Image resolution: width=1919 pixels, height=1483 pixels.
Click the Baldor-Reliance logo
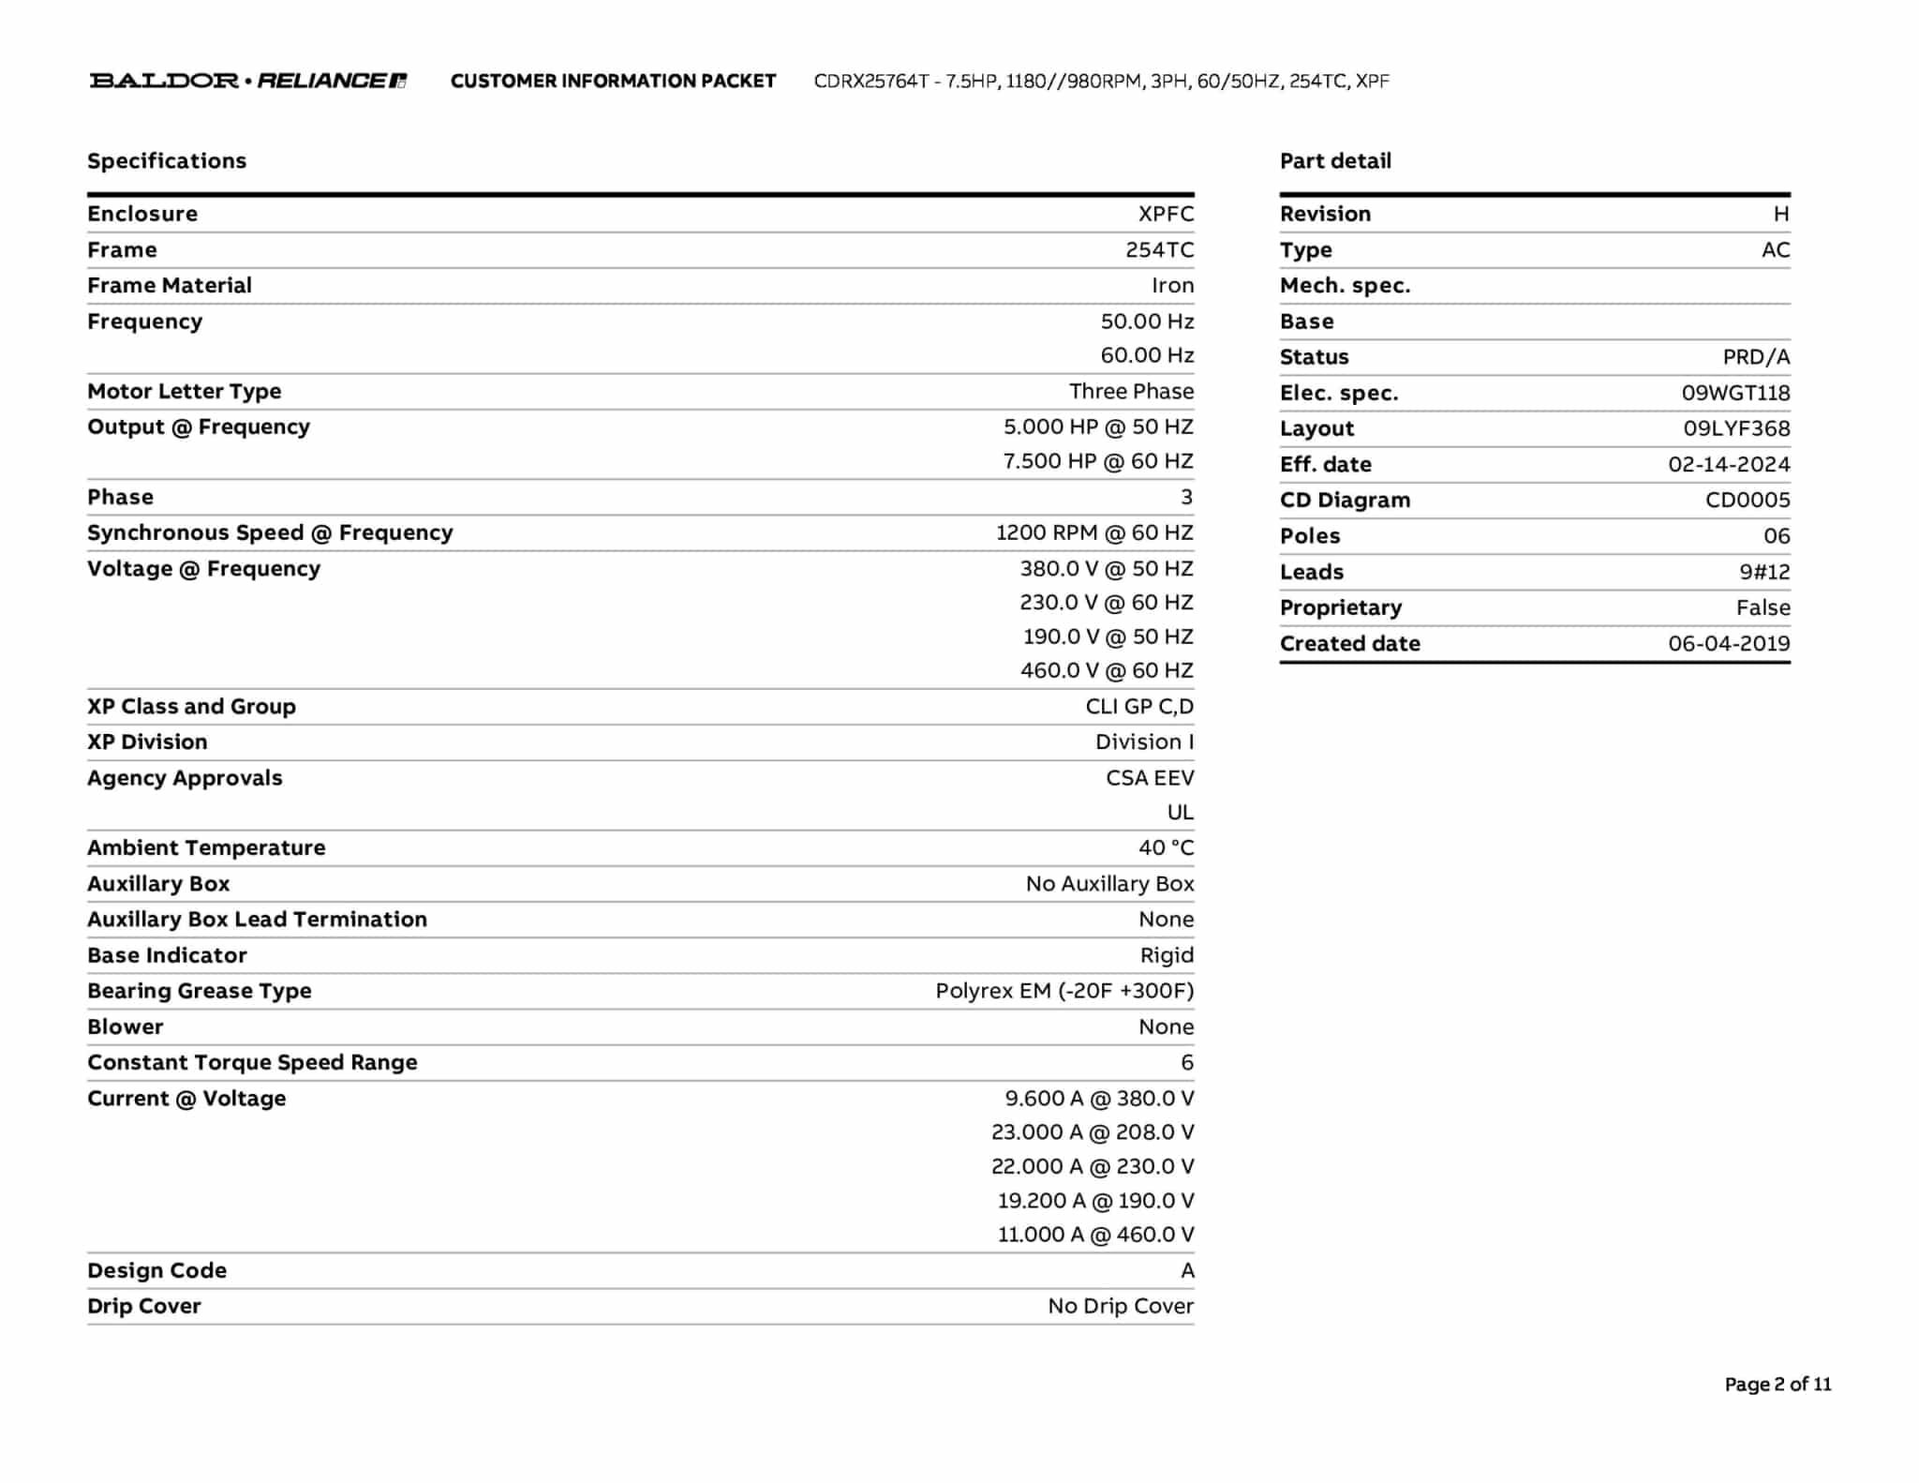pos(247,81)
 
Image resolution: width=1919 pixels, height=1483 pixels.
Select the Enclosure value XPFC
pos(1166,214)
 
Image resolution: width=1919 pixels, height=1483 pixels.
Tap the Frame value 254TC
pos(1159,249)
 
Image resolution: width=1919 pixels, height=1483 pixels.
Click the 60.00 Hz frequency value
pos(1147,355)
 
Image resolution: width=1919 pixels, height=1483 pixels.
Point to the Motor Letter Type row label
pos(184,391)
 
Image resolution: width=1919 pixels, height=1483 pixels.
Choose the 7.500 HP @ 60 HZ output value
pos(1098,461)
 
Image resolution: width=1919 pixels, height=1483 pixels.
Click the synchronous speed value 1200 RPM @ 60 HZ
pos(1094,532)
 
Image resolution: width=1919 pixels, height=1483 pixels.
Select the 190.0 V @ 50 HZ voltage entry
pos(1108,637)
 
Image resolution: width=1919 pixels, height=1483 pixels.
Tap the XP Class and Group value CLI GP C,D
pos(1139,706)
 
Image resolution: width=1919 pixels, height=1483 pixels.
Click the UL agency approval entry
pos(1180,812)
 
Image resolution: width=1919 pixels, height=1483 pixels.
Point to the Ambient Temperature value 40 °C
pos(1166,847)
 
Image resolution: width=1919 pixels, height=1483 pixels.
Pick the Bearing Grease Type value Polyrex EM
pos(1064,991)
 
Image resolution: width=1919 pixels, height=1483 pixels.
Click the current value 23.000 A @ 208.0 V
pos(1093,1132)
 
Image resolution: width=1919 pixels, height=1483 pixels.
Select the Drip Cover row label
pos(144,1306)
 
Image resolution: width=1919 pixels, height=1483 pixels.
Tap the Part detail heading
pos(1335,161)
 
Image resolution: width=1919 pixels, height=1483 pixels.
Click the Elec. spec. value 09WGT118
pos(1735,393)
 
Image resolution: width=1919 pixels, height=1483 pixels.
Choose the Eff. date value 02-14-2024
pos(1729,464)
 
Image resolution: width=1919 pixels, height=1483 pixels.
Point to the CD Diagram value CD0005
pos(1748,500)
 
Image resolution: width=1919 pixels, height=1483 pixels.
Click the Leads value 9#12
pos(1764,572)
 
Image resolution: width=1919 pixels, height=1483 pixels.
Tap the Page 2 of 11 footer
pos(1778,1384)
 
